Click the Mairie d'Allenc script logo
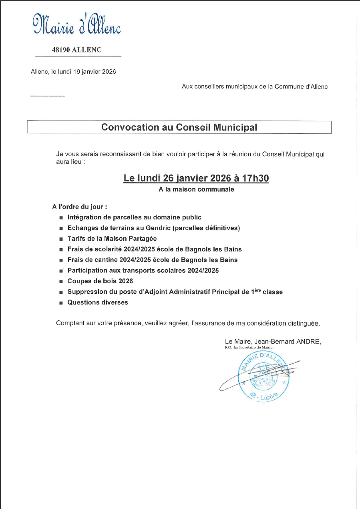(x=76, y=24)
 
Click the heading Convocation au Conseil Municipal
(x=179, y=127)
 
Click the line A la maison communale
(x=196, y=189)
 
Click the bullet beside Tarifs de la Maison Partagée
(x=61, y=239)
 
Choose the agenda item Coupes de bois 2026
(x=100, y=281)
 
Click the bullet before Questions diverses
(x=61, y=303)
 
